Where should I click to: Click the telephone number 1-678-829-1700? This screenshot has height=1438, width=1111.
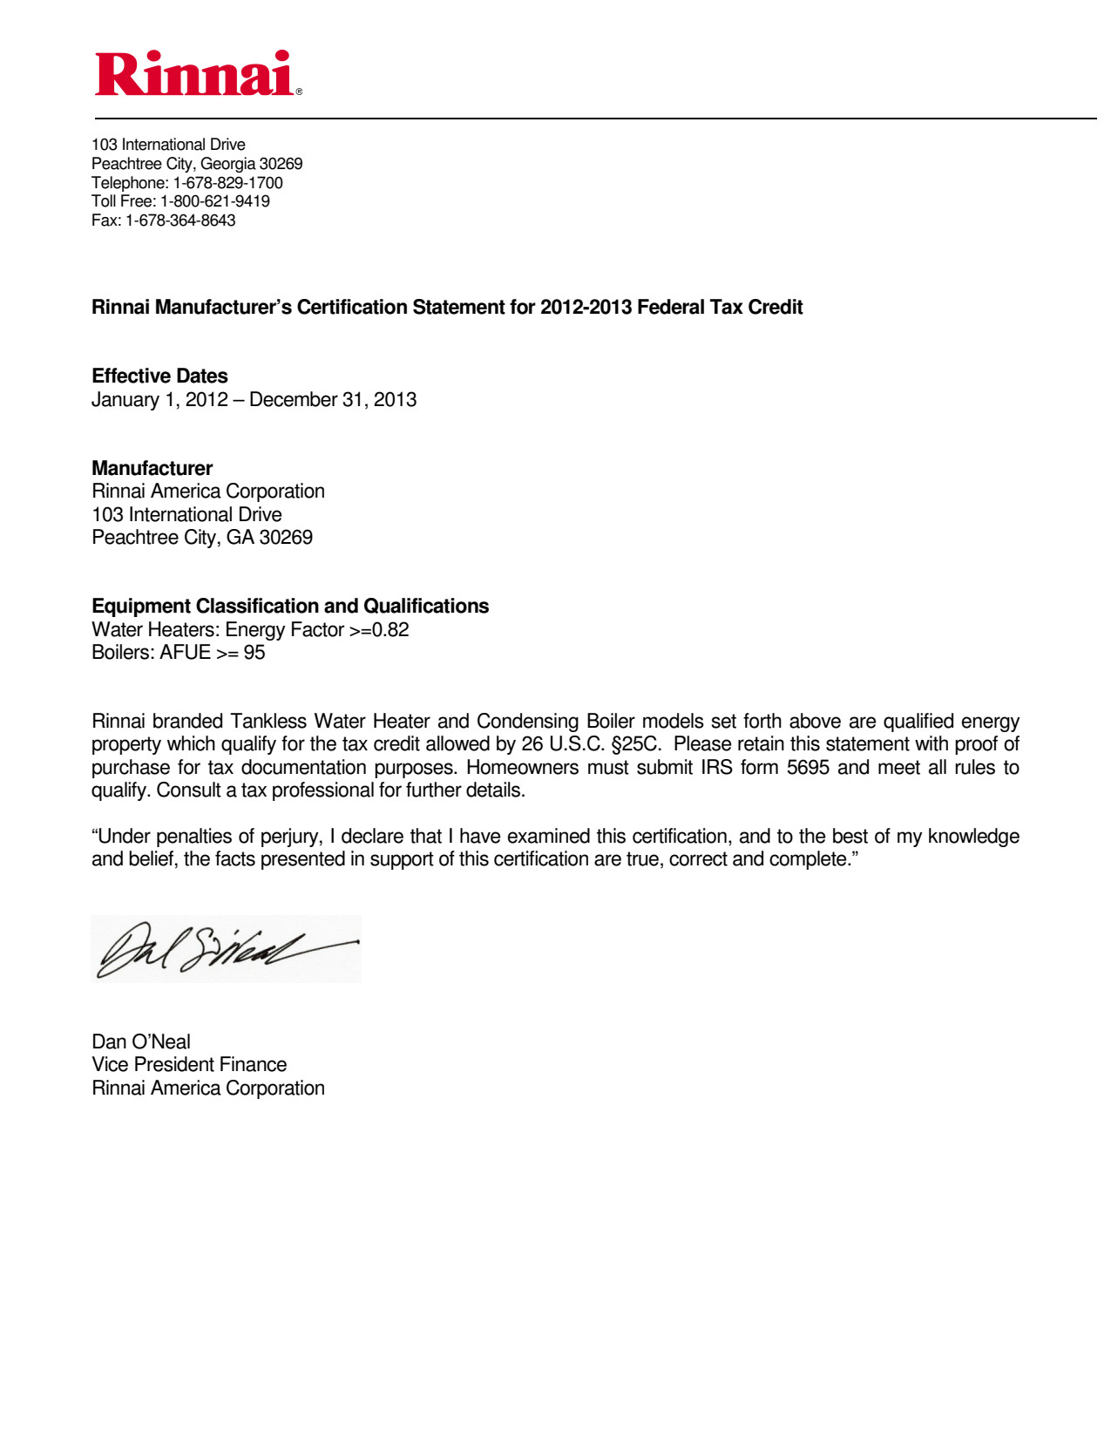(228, 183)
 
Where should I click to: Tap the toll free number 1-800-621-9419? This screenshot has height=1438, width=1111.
(215, 201)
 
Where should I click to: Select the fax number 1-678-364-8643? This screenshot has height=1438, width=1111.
(180, 220)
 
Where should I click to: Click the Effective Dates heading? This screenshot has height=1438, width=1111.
(159, 376)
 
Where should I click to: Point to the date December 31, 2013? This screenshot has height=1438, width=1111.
(333, 400)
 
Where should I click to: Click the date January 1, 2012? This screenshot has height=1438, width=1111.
(159, 400)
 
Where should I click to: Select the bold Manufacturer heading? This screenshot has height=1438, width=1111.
(152, 469)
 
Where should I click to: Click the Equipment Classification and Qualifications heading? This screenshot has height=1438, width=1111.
(290, 607)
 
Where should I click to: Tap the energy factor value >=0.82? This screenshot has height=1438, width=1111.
(379, 630)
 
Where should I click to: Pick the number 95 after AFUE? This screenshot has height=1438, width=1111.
(254, 653)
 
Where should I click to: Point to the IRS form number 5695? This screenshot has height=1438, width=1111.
(808, 768)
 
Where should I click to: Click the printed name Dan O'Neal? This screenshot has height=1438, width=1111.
(141, 1042)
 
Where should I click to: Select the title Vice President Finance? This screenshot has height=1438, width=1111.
(189, 1065)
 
